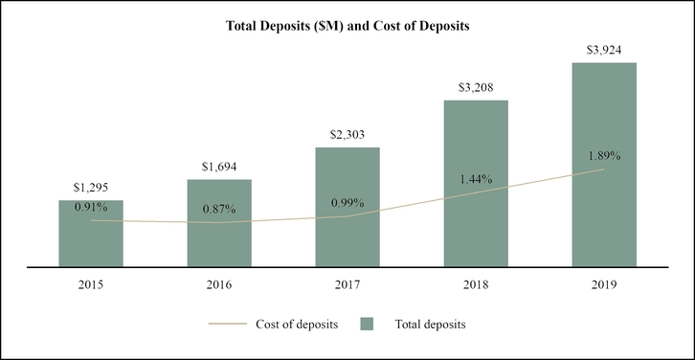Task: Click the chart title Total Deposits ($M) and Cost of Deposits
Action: pos(347,27)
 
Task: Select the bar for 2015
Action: pos(91,239)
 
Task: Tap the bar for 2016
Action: pos(219,230)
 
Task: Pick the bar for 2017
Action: pos(347,230)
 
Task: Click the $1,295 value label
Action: pos(91,188)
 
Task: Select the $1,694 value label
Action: pos(219,167)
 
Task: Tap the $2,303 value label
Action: pos(347,135)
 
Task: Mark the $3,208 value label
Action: pos(476,87)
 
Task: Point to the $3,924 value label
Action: pos(604,50)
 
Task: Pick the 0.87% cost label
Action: pos(219,208)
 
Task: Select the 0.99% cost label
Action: pos(347,202)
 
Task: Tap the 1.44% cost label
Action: pos(476,178)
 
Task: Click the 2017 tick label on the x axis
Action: pos(347,284)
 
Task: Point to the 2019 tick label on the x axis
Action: pos(604,284)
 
